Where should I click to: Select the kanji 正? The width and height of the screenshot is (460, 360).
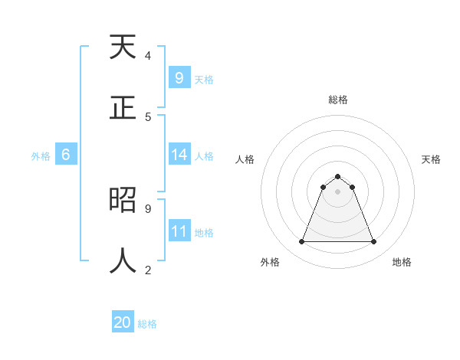coord(123,107)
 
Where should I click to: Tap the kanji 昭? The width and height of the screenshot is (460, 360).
coord(123,200)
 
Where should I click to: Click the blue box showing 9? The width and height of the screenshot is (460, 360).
coord(179,77)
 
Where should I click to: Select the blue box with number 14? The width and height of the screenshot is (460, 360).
coord(179,155)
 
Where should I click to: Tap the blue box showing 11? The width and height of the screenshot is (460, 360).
coord(179,231)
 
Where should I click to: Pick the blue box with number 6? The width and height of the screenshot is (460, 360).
coord(66,155)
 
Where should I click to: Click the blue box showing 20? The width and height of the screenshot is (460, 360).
coord(123,322)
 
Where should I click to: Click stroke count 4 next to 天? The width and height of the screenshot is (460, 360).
coord(148,56)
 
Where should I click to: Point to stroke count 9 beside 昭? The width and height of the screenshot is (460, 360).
coord(148,208)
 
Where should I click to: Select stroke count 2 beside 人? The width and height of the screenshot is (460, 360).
coord(148,269)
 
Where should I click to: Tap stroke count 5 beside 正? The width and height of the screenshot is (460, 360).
coord(148,116)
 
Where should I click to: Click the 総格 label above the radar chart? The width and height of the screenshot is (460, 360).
coord(338,100)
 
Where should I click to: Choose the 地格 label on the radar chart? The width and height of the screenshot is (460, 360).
coord(402,262)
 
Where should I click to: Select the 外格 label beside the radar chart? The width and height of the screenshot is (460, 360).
coord(270,262)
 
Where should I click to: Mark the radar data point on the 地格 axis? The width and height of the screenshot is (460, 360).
coord(373,242)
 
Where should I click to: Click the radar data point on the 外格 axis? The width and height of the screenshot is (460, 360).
coord(301,242)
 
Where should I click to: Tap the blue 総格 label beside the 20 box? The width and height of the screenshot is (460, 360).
coord(147,324)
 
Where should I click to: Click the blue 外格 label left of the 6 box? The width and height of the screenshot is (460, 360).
coord(41,156)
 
